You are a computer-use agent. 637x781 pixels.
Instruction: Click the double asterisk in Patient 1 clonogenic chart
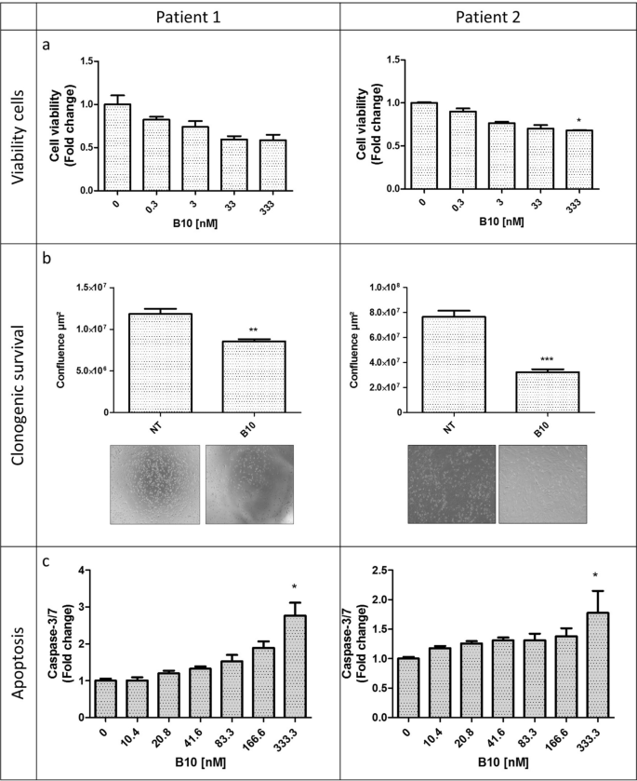click(x=253, y=330)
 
